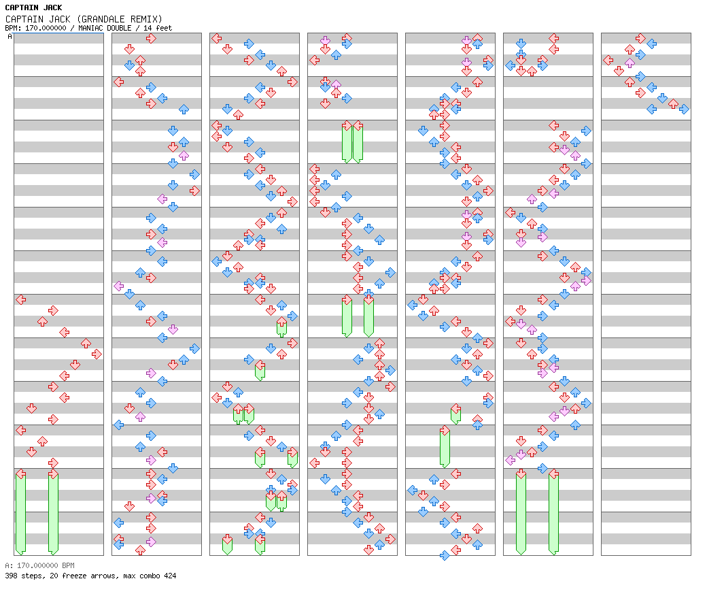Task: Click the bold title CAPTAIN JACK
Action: (x=33, y=7)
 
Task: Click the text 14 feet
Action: (x=158, y=28)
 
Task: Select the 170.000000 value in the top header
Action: (x=46, y=28)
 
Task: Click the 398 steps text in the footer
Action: (x=25, y=576)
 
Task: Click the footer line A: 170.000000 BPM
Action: (x=39, y=565)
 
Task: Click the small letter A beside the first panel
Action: (x=10, y=36)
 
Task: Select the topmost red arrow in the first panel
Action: (x=21, y=299)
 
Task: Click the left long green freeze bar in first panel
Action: (x=21, y=512)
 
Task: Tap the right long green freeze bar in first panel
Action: (x=53, y=512)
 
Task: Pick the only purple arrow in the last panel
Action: (x=630, y=63)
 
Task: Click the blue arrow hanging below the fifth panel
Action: (x=445, y=555)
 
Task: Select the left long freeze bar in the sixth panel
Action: (x=521, y=512)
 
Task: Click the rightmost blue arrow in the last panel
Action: (x=684, y=109)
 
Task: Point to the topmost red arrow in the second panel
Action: (x=151, y=38)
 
